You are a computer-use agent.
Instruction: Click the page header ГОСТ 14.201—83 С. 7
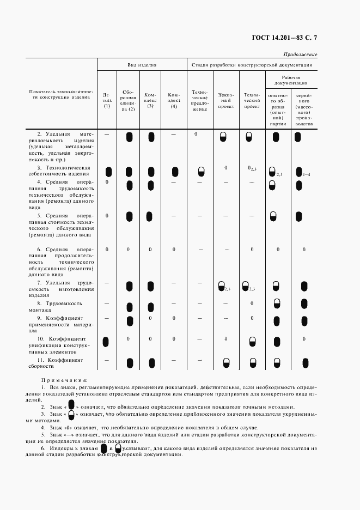pyautogui.click(x=285, y=38)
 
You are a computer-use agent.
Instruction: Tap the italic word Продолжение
pyautogui.click(x=301, y=54)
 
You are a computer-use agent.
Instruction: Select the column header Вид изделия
pyautogui.click(x=142, y=65)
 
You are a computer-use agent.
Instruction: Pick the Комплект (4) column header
pyautogui.click(x=174, y=100)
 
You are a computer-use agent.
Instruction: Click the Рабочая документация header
pyautogui.click(x=291, y=81)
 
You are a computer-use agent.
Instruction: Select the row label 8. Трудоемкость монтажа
pyautogui.click(x=59, y=306)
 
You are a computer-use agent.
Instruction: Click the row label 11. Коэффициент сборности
pyautogui.click(x=59, y=363)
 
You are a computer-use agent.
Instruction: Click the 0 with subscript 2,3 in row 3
pyautogui.click(x=251, y=168)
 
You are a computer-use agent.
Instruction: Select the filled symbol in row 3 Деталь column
pyautogui.click(x=108, y=172)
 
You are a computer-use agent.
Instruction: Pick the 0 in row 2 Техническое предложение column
pyautogui.click(x=195, y=133)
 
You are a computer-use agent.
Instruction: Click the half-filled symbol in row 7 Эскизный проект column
pyautogui.click(x=222, y=286)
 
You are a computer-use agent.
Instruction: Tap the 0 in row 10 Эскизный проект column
pyautogui.click(x=225, y=339)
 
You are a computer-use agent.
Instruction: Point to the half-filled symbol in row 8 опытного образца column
pyautogui.click(x=277, y=303)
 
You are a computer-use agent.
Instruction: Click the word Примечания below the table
pyautogui.click(x=64, y=380)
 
